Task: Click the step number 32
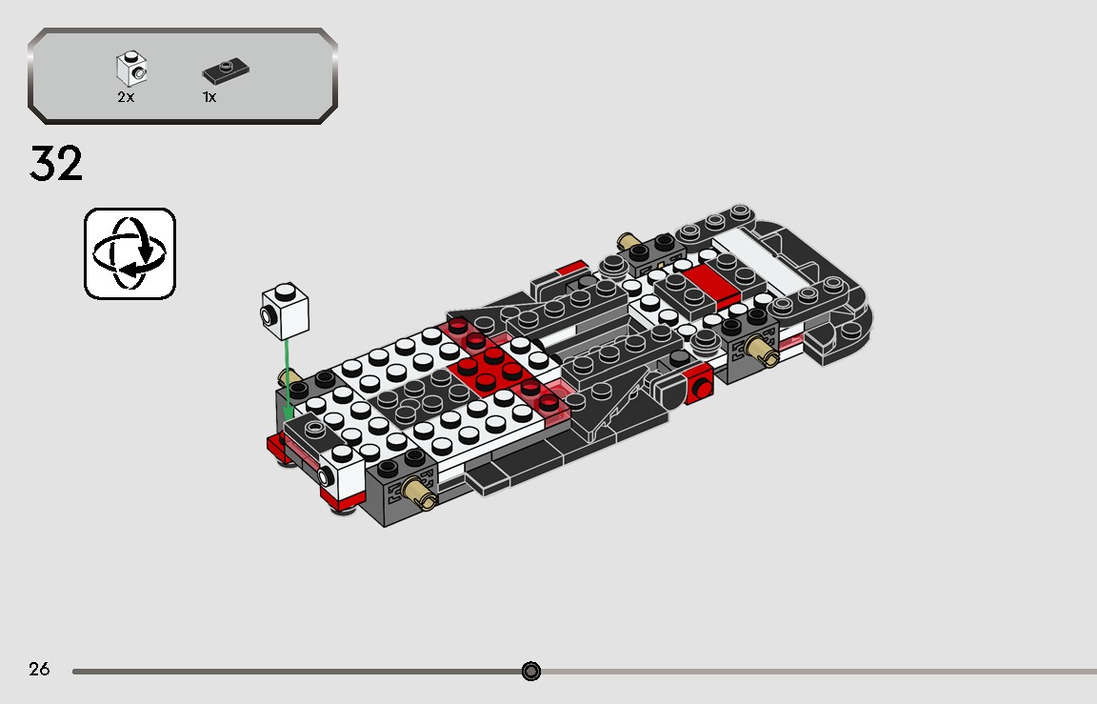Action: tap(56, 164)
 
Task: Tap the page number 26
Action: tap(39, 670)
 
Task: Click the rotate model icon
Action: tap(130, 253)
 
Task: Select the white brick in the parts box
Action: tap(131, 69)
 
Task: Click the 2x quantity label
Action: tap(126, 97)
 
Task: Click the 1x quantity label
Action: tap(209, 97)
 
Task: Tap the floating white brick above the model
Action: tap(287, 311)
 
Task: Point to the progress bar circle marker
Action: tap(531, 672)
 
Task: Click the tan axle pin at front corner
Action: tap(415, 491)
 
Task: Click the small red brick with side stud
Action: tap(700, 385)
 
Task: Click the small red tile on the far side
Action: tap(571, 268)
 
